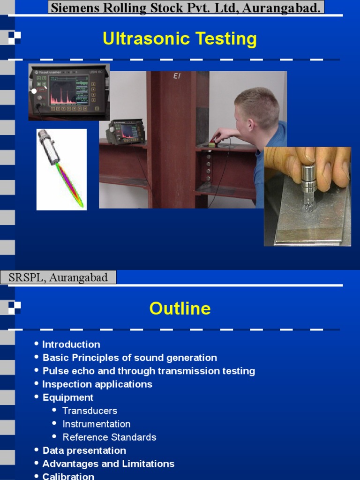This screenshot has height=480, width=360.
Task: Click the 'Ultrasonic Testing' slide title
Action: coord(180,39)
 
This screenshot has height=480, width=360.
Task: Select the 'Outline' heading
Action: coord(180,308)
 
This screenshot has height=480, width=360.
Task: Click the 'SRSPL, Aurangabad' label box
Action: coord(58,277)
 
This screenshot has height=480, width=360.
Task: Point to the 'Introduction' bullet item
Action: coord(71,345)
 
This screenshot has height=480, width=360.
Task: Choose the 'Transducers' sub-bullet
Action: coord(90,411)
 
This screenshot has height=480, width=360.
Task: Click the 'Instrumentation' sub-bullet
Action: coord(96,424)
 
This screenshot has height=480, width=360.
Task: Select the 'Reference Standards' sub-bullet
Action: coord(109,437)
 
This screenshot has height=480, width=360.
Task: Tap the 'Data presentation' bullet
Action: coord(84,450)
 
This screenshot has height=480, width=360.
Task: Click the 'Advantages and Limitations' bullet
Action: coord(108,464)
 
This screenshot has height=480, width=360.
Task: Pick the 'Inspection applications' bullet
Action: coord(97,384)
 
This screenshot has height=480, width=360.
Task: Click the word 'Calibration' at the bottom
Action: coord(68,476)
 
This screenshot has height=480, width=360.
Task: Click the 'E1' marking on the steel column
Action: coord(177,76)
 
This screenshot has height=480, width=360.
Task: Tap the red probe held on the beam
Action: coord(214,141)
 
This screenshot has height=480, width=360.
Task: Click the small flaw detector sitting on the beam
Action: coord(125,132)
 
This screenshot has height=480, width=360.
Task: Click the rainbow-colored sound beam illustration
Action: coord(69,185)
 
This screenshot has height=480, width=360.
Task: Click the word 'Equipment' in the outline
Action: coord(68,397)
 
